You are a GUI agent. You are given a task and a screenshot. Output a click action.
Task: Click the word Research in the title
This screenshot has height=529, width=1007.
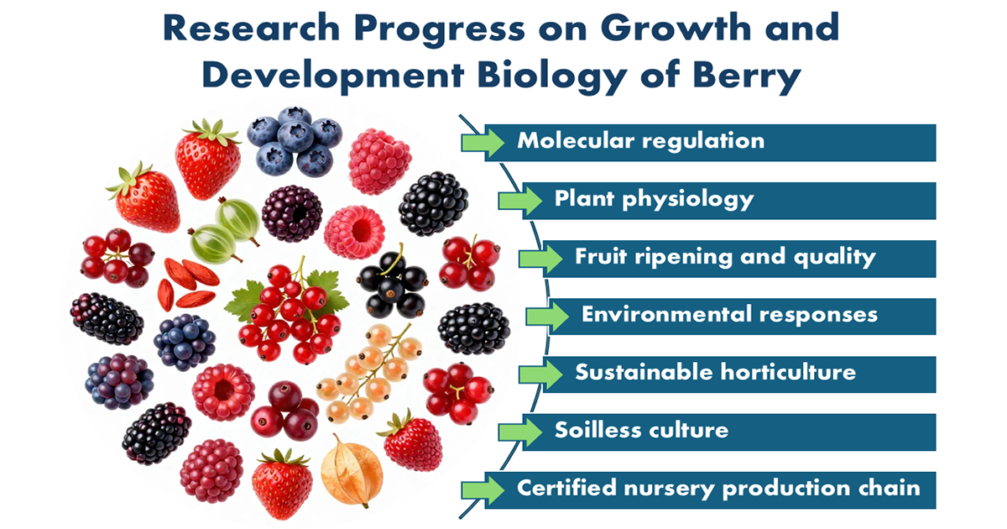tap(251, 28)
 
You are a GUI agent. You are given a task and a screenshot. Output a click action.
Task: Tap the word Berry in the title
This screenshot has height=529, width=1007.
tap(747, 75)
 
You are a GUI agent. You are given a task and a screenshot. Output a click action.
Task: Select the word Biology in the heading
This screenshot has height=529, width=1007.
tap(551, 75)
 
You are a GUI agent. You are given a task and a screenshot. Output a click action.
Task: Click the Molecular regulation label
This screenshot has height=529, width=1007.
tap(640, 141)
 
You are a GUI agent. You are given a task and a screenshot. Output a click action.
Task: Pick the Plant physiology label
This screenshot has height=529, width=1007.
tap(654, 199)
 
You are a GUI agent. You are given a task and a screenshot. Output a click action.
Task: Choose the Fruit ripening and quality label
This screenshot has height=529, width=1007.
tap(725, 257)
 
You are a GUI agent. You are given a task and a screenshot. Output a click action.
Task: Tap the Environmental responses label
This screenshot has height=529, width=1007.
tap(729, 314)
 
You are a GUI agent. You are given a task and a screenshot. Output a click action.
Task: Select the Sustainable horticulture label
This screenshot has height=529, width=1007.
tap(715, 373)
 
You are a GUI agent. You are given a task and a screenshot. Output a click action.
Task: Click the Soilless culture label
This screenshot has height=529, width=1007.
tap(641, 430)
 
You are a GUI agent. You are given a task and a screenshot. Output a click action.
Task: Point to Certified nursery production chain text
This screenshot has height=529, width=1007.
tap(718, 488)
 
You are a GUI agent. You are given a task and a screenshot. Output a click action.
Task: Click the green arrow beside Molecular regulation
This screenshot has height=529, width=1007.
tap(483, 142)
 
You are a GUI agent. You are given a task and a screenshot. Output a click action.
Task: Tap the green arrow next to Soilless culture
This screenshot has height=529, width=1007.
tap(520, 432)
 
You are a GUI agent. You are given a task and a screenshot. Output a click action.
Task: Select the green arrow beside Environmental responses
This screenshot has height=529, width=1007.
tap(547, 317)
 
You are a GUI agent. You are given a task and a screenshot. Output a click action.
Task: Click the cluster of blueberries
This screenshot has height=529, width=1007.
tap(295, 141)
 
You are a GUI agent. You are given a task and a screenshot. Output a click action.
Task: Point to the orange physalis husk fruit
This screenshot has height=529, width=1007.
tap(352, 470)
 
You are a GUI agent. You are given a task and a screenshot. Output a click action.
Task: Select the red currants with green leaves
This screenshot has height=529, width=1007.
tap(288, 311)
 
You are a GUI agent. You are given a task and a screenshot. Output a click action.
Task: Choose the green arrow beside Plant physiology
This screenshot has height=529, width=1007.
tap(520, 200)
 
